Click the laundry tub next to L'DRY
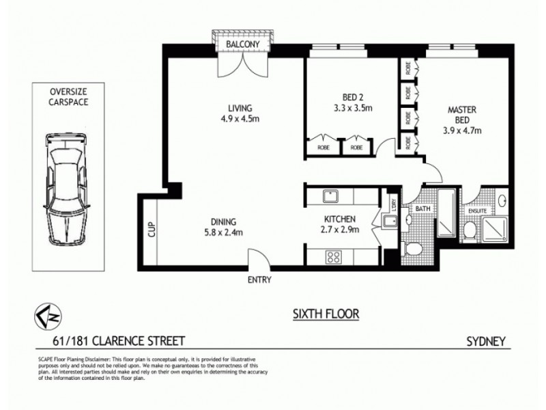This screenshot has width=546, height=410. click(x=391, y=222)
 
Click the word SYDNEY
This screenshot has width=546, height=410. click(x=485, y=339)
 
